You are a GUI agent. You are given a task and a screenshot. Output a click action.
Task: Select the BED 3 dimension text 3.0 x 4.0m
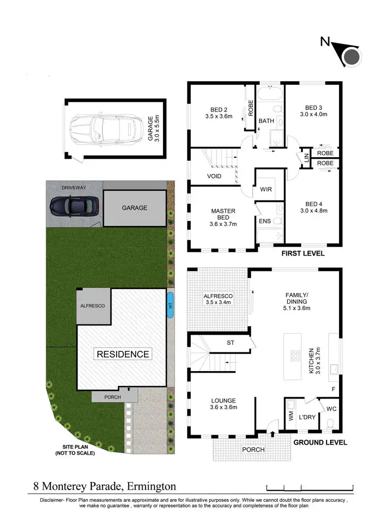click(313, 115)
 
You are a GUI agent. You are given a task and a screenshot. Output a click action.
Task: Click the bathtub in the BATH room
click(270, 93)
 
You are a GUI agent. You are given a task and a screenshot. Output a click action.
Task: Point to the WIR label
click(265, 190)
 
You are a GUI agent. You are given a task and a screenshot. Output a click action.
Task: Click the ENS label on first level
click(264, 221)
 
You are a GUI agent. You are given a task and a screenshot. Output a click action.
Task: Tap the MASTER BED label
click(223, 211)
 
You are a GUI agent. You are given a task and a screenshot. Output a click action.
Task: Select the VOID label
click(214, 176)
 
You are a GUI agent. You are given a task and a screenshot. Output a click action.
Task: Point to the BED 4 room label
click(313, 203)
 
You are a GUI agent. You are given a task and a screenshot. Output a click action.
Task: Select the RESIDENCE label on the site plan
click(123, 354)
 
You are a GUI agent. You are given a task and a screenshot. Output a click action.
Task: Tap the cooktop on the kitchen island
click(296, 355)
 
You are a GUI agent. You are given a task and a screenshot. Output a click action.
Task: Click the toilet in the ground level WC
click(330, 423)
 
